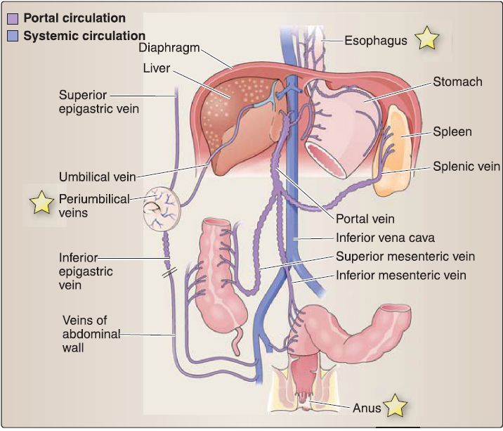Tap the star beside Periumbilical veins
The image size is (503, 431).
41,203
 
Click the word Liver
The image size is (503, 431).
157,69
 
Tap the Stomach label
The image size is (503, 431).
457,82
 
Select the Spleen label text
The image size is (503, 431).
452,131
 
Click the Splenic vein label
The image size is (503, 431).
466,167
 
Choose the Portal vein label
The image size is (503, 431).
365,219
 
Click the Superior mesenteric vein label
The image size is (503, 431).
405,257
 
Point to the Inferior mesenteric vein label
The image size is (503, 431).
401,275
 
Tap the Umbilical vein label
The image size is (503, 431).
97,176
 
